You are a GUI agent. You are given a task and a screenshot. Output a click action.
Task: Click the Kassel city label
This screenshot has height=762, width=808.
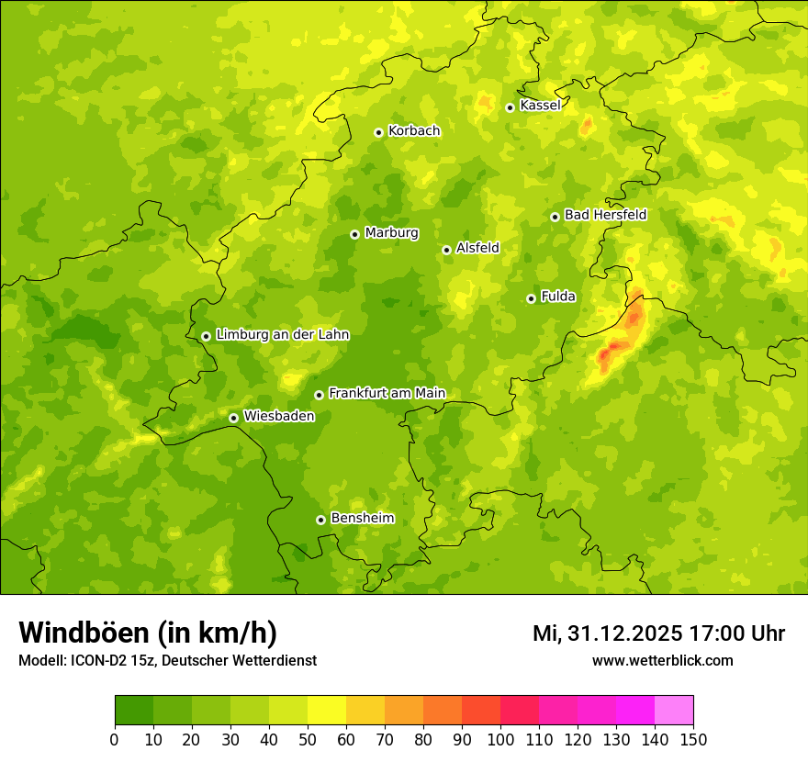point(540,106)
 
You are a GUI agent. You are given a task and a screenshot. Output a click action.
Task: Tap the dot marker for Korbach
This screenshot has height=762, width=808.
point(378,132)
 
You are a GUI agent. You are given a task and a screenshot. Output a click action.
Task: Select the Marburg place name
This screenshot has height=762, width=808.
point(391,233)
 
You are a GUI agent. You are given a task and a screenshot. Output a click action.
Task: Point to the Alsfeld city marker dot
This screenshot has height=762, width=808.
point(446,250)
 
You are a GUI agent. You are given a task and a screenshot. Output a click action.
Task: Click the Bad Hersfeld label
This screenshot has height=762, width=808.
point(605,215)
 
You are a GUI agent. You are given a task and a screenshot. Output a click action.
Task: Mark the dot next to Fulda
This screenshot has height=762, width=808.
point(531,298)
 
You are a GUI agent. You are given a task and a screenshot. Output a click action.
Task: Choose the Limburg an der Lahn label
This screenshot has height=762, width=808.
point(282,335)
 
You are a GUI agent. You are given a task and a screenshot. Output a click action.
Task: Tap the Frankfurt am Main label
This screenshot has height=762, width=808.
point(387,394)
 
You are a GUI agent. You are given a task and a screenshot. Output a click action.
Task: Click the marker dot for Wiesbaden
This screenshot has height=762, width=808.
point(233,418)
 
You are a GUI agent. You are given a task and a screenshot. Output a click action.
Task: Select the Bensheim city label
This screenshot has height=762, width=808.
point(362,519)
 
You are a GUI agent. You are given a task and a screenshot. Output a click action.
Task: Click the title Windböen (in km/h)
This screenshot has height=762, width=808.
point(148,633)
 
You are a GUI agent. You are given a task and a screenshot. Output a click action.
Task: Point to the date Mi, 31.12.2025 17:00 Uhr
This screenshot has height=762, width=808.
point(658,633)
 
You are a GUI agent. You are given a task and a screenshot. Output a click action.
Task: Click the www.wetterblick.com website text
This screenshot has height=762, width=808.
point(662,661)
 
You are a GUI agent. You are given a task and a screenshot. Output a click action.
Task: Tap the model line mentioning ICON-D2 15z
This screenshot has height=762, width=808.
point(167,661)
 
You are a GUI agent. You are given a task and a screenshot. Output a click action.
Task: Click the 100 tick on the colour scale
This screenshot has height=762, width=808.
point(500,739)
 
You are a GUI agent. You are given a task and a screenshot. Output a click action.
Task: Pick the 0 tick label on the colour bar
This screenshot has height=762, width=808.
point(115,739)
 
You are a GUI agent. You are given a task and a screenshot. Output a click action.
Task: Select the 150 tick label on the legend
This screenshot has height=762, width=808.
point(693,739)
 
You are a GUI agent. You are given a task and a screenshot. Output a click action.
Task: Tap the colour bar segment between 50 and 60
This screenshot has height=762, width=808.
point(327,711)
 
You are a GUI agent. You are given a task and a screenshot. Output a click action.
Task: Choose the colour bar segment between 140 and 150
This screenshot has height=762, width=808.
point(674,711)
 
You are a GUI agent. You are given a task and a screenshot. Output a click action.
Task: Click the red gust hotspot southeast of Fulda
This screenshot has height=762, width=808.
point(613,352)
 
